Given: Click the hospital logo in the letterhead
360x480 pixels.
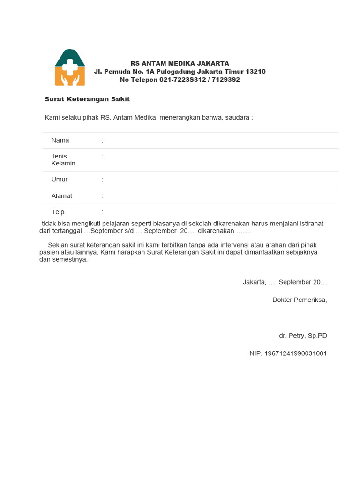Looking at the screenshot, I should (70, 67).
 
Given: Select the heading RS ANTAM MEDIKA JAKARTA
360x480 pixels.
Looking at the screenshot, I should (180, 63).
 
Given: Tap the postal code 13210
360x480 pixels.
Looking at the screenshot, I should (255, 72).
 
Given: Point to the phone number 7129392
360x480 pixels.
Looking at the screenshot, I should (226, 80).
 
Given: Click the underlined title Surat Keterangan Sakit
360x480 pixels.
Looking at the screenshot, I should (87, 99).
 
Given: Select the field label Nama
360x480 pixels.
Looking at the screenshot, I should (60, 140).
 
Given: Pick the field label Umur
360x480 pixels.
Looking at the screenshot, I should (60, 180).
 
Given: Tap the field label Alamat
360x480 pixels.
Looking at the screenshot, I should (61, 196).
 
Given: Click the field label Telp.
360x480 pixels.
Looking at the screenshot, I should (59, 212).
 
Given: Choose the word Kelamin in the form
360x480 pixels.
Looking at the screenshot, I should (63, 164).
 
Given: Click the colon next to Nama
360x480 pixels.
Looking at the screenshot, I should (102, 140).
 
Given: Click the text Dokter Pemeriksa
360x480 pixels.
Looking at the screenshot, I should (300, 300).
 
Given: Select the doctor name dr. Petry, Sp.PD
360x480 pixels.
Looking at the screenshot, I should (303, 336).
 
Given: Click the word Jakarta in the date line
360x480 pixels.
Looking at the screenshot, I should (254, 282).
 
